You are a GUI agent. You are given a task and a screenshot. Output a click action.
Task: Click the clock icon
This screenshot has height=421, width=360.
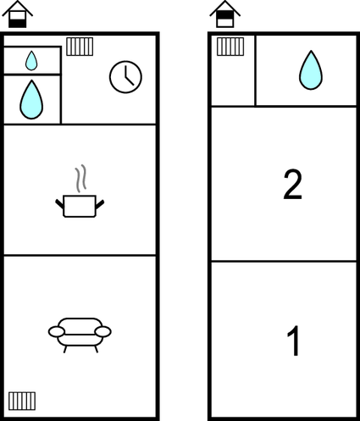pos(125,77)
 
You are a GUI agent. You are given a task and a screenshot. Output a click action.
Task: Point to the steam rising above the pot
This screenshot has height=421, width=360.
pos(80,179)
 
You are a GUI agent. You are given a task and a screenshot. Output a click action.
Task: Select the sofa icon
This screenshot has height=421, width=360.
pos(80,333)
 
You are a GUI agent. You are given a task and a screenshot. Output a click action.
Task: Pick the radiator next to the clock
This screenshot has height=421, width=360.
pos(80,47)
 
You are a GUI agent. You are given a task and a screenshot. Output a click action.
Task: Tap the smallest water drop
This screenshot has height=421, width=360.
pos(31,60)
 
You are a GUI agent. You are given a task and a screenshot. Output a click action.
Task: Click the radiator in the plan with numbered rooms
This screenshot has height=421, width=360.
pos(230,47)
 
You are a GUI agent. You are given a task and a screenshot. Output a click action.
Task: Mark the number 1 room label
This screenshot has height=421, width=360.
pos(293,341)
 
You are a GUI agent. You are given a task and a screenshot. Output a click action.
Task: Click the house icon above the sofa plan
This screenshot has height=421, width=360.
pos(17,14)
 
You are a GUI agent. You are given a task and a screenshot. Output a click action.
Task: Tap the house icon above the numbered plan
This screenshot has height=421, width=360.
pos(224,14)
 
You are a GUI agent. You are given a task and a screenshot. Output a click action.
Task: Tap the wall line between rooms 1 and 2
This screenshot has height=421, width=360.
pos(283,262)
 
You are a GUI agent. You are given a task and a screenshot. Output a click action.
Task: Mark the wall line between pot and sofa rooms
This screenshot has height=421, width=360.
pos(80,255)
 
